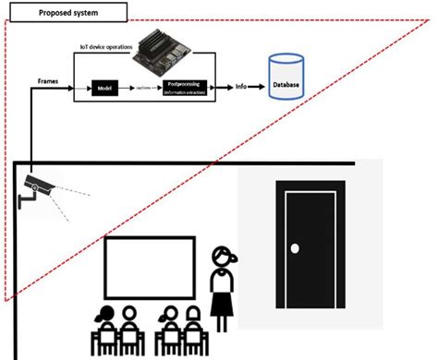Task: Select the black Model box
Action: pyautogui.click(x=103, y=89)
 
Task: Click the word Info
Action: pyautogui.click(x=240, y=89)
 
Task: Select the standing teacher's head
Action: pyautogui.click(x=223, y=256)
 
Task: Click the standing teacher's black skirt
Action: pyautogui.click(x=222, y=302)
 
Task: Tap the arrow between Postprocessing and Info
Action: pyautogui.click(x=224, y=89)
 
